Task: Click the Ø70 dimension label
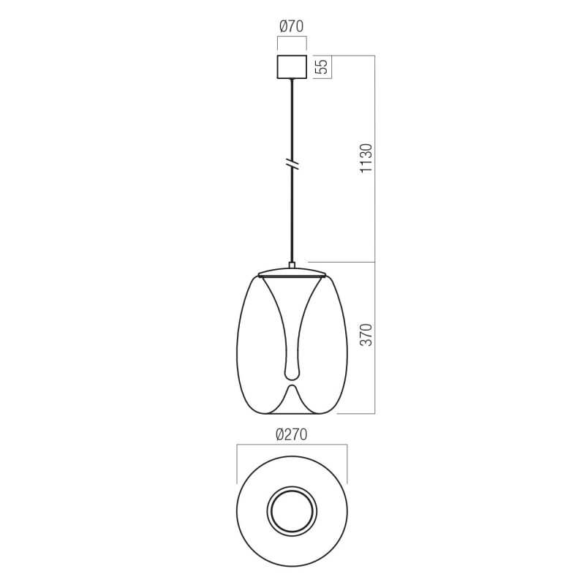pos(292,27)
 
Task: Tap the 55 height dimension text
pos(320,67)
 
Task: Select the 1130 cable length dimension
pos(366,159)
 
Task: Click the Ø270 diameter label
pos(291,434)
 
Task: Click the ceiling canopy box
pos(292,67)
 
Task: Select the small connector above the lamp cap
pos(292,266)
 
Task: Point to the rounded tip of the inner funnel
pos(292,375)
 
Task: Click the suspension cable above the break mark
pos(292,117)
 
